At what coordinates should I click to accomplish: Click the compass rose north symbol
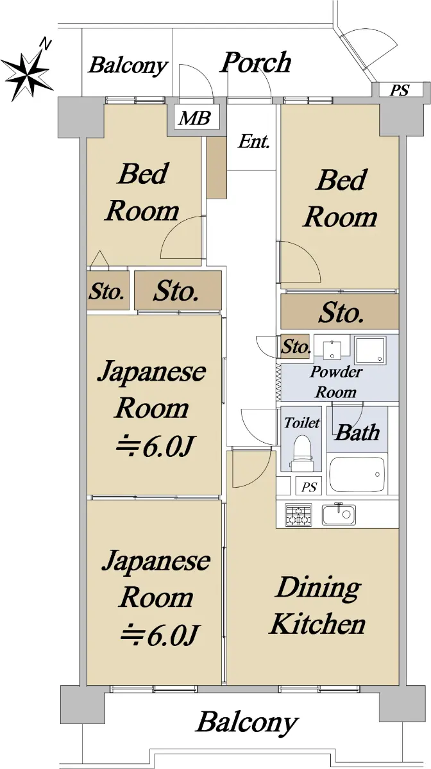[28, 70]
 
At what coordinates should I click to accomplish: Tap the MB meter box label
[194, 118]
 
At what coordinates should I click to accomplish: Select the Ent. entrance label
[253, 141]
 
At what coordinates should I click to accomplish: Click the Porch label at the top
[255, 63]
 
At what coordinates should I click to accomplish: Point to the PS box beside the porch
[400, 90]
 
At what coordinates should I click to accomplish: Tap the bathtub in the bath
[357, 475]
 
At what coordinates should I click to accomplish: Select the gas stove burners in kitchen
[298, 515]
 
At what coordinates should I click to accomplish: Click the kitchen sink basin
[339, 514]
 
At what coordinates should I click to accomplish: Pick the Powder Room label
[336, 382]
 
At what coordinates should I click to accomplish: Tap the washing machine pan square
[371, 349]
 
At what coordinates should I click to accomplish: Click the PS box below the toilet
[308, 487]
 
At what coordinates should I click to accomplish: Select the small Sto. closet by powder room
[295, 347]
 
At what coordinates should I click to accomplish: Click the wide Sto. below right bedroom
[340, 312]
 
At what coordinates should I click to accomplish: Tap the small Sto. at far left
[108, 292]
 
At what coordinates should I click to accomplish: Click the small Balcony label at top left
[128, 65]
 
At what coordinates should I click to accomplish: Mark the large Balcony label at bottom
[246, 722]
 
